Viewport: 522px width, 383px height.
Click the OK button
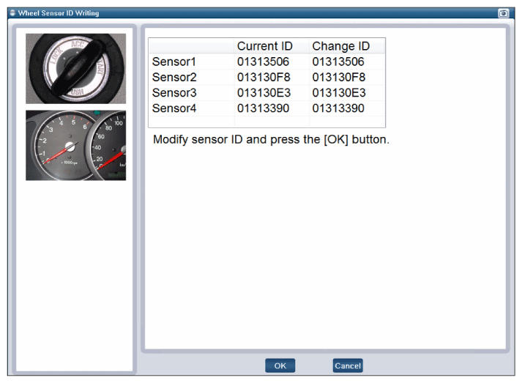coord(280,365)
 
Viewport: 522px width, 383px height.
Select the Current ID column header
coord(265,46)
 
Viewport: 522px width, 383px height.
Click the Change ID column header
coord(341,46)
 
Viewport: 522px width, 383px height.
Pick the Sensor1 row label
coord(174,62)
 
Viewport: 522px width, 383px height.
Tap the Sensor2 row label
coord(174,78)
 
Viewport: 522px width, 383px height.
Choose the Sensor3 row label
coord(174,92)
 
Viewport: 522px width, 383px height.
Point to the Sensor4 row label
coord(174,108)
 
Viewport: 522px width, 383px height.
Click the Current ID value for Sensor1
coord(263,62)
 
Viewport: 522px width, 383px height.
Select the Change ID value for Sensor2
coord(338,78)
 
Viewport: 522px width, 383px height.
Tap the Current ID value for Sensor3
coord(264,92)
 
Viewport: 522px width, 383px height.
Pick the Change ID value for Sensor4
coord(338,108)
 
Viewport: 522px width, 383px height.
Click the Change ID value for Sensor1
coord(338,62)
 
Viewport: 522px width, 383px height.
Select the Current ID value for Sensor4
coord(263,108)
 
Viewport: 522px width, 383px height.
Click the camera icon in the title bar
coord(503,13)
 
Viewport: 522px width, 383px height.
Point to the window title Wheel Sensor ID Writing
coord(59,13)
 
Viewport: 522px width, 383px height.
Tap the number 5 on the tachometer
coord(73,122)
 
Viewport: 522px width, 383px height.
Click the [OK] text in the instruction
coord(336,139)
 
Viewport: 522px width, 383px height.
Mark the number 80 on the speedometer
coord(108,128)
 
